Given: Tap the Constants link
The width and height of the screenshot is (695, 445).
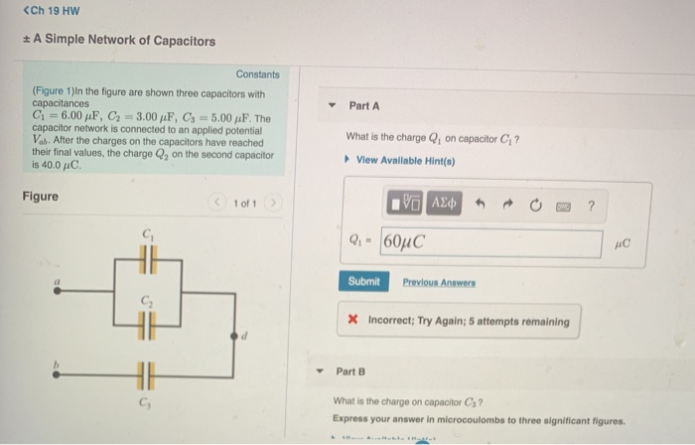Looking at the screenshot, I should (257, 74).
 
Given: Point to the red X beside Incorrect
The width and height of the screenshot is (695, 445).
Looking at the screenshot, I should (353, 321).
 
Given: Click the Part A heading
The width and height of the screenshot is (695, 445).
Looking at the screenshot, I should (363, 106).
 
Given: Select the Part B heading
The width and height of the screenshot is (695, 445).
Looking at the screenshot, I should (351, 371).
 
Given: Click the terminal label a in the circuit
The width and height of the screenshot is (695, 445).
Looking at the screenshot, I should (58, 284).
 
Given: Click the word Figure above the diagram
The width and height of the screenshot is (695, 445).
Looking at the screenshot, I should (40, 196).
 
